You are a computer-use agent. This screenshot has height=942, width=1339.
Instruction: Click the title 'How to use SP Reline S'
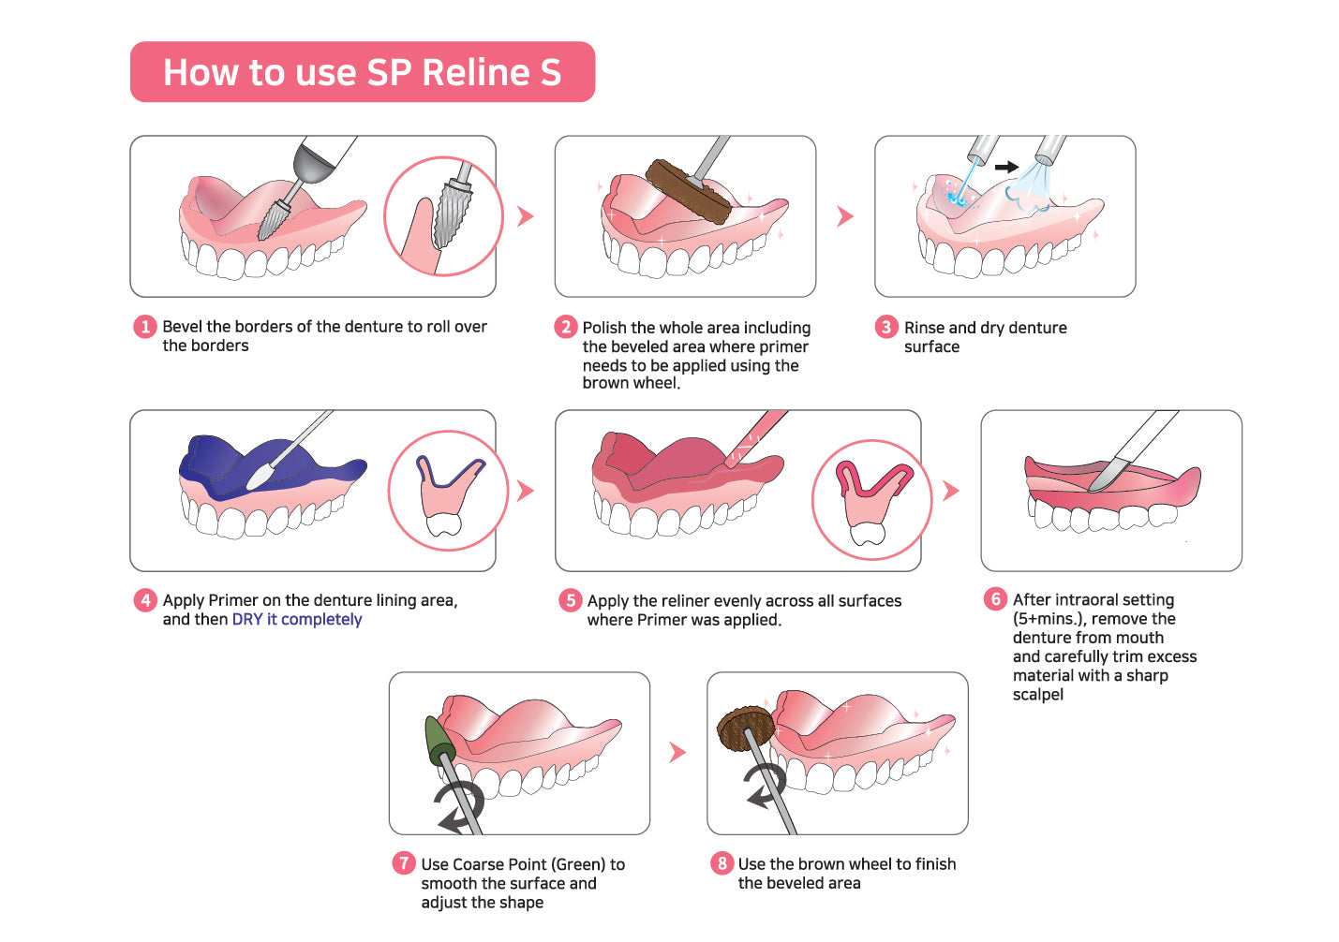click(362, 72)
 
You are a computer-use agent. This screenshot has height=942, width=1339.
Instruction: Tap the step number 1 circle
click(144, 327)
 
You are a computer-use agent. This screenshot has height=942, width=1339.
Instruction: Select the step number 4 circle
click(144, 600)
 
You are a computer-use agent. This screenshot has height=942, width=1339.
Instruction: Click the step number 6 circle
click(995, 599)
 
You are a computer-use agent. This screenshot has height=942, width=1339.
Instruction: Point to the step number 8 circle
click(721, 863)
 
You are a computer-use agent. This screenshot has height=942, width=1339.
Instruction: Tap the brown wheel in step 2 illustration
click(689, 191)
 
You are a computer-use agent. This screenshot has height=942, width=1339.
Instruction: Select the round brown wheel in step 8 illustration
click(745, 729)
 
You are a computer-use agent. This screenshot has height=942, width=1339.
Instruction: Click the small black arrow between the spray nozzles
click(1006, 167)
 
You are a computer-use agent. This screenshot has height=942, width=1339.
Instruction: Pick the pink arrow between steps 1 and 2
click(526, 216)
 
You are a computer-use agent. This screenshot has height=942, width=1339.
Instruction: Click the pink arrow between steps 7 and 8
click(678, 752)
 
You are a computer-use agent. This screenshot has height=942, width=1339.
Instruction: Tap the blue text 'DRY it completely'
click(297, 620)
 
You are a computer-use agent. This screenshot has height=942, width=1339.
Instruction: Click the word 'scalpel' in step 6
click(1037, 695)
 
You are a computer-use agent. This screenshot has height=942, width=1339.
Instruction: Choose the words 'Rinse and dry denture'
click(985, 328)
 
